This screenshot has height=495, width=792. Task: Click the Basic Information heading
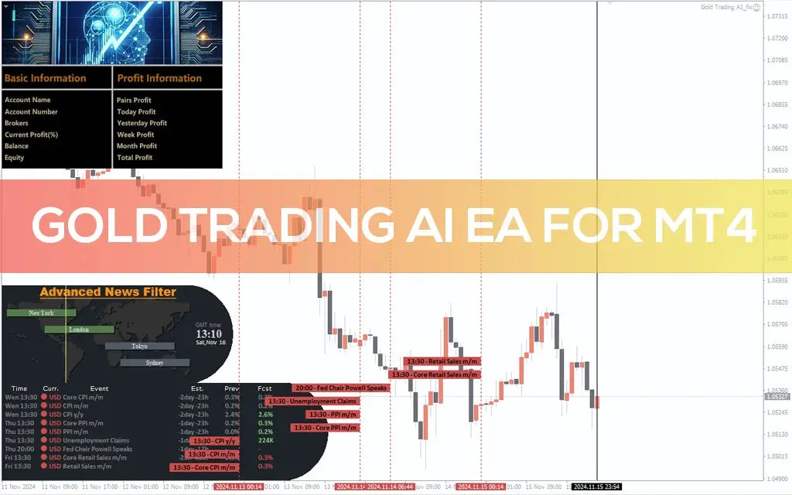[x=45, y=78]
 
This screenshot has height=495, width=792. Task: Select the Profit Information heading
[x=159, y=78]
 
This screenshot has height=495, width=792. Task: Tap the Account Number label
[x=31, y=111]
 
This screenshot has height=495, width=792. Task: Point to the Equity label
[x=15, y=158]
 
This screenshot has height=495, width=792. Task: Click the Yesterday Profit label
[x=142, y=123]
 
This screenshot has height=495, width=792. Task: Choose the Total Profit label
[x=135, y=158]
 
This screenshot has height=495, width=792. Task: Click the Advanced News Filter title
[x=108, y=292]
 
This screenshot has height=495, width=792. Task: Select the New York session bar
[x=41, y=313]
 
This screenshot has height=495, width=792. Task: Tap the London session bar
[x=78, y=329]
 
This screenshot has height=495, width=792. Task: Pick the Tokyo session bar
[x=140, y=346]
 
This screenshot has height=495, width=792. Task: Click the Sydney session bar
[x=155, y=362]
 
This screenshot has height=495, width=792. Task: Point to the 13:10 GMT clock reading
[x=209, y=333]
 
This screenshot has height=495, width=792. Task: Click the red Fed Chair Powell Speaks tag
[x=340, y=387]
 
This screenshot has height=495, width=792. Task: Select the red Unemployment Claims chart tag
[x=312, y=401]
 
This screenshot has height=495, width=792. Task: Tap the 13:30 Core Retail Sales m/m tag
[x=435, y=374]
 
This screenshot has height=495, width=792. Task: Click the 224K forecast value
[x=265, y=440]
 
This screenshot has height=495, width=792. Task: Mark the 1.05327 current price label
[x=777, y=396]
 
